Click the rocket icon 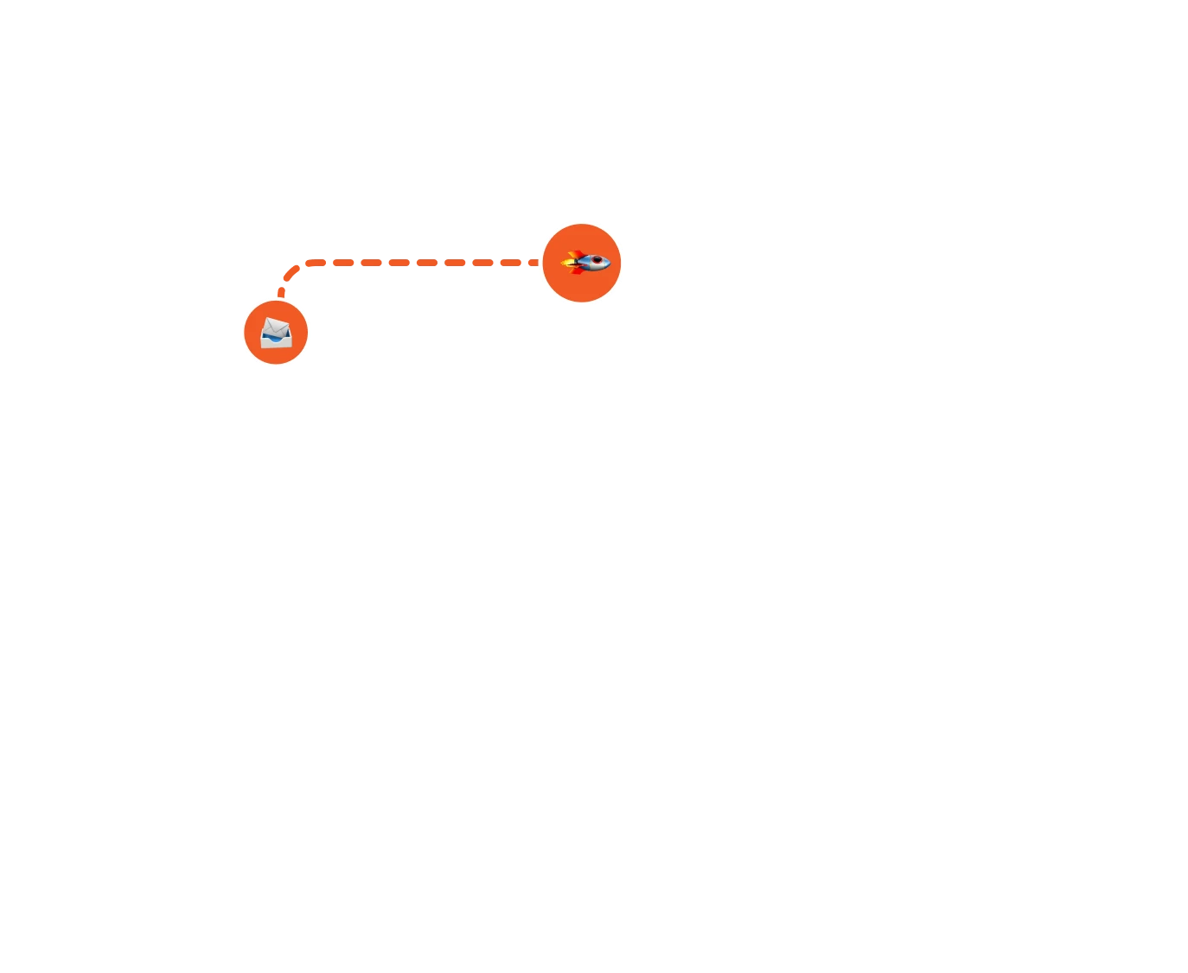(586, 262)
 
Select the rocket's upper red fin (576, 254)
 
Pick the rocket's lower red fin (577, 270)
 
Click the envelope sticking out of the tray (275, 328)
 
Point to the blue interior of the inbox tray (273, 338)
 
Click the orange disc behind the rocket (582, 289)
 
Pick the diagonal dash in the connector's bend (292, 272)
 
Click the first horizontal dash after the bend (316, 263)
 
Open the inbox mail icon (276, 333)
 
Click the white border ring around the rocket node (582, 219)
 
